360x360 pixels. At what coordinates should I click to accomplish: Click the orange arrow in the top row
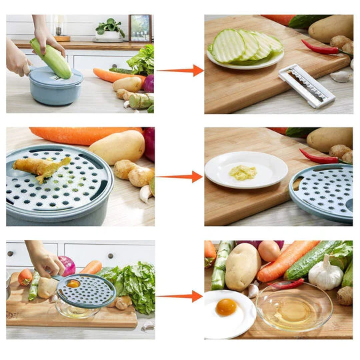click(180, 70)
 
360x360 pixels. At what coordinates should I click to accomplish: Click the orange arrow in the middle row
click(180, 177)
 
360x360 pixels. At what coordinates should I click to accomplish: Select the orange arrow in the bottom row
click(180, 295)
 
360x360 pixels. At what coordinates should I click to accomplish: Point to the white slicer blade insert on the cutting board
click(306, 85)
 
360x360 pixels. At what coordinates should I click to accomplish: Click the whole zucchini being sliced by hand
click(51, 58)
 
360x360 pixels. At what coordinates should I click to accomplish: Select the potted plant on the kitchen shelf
click(110, 29)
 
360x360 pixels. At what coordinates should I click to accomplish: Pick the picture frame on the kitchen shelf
click(140, 28)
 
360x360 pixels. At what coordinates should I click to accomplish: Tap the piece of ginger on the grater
click(41, 167)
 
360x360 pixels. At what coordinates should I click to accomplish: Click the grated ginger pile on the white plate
click(243, 173)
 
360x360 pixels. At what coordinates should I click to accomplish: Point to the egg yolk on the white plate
click(227, 307)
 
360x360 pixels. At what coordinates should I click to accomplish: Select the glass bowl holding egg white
click(294, 307)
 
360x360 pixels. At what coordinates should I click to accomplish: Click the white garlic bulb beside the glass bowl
click(326, 273)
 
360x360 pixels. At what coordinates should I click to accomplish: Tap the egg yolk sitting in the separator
click(73, 284)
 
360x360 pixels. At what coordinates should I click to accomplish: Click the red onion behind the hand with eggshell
click(67, 265)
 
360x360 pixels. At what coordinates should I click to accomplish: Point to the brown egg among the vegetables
click(269, 251)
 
